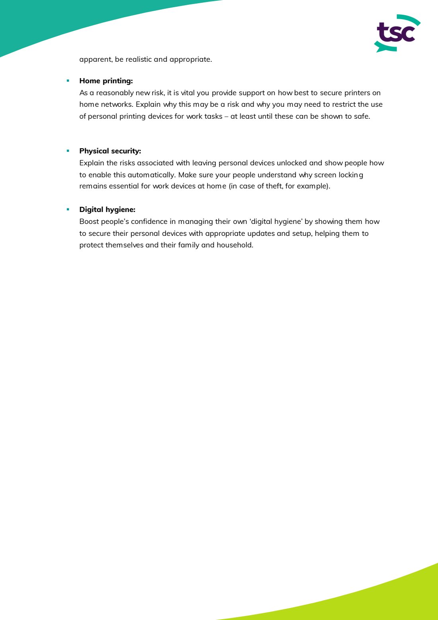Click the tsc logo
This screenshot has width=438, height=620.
[397, 33]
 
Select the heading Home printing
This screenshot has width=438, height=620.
[106, 81]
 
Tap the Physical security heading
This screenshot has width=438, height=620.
[110, 151]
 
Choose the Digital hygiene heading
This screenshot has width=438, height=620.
[107, 210]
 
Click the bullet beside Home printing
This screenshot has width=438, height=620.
[68, 81]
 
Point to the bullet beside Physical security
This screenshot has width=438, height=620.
[68, 151]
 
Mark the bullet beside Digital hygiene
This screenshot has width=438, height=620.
[68, 210]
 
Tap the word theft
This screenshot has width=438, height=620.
[274, 186]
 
